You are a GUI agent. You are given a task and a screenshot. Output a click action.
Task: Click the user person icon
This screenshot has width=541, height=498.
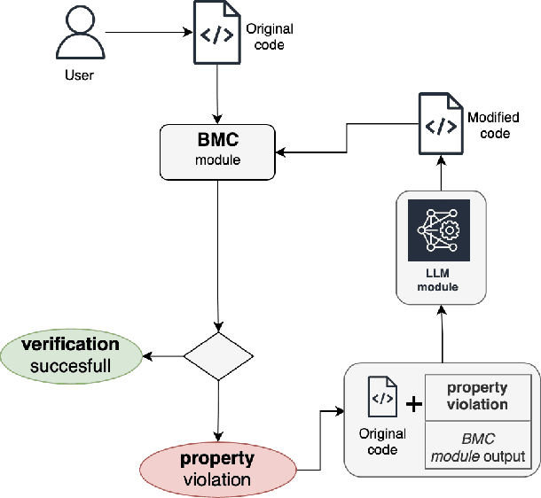[79, 35]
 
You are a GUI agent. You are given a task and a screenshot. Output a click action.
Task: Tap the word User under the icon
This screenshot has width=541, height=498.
[79, 75]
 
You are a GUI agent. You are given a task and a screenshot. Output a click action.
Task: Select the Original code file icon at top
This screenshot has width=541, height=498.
[216, 35]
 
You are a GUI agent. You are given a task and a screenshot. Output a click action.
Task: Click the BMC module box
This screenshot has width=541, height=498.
[217, 151]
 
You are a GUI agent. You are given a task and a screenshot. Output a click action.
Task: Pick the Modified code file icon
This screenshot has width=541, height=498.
[440, 125]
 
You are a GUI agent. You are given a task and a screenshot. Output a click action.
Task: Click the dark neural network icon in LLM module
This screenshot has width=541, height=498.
[440, 230]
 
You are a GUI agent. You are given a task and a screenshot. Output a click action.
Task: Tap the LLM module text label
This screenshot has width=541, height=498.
[440, 281]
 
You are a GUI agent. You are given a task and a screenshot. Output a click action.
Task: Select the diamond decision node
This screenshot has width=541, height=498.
[218, 356]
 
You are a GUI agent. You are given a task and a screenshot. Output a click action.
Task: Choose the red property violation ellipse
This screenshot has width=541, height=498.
[217, 470]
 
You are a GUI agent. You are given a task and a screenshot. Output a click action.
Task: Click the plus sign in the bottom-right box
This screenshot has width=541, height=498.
[413, 404]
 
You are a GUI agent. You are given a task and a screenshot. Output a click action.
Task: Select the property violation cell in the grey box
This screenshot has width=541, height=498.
[477, 396]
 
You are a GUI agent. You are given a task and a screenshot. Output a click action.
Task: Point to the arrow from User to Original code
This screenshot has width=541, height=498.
[146, 34]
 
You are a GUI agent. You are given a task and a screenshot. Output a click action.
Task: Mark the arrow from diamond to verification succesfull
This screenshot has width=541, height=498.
[163, 356]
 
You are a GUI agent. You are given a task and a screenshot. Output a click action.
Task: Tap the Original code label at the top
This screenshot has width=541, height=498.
[269, 36]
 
